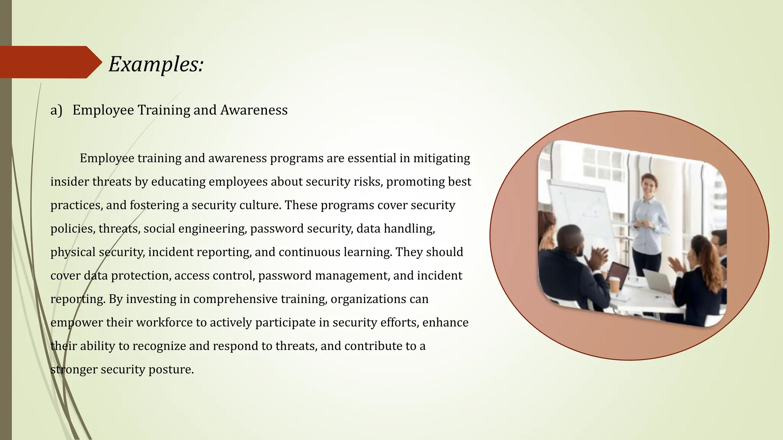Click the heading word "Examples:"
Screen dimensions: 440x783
(x=156, y=64)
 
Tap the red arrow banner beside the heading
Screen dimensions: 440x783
(x=48, y=62)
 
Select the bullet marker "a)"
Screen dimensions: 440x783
(x=56, y=110)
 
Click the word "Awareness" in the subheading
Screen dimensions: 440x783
(x=254, y=110)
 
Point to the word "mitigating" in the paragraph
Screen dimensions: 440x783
(x=442, y=158)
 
